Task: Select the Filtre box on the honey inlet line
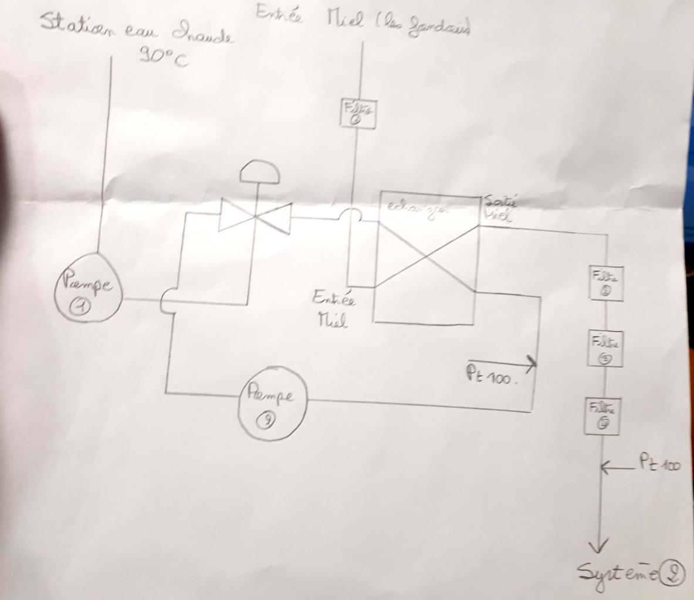[358, 113]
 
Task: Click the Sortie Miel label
[500, 209]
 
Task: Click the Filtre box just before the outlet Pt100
[602, 415]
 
